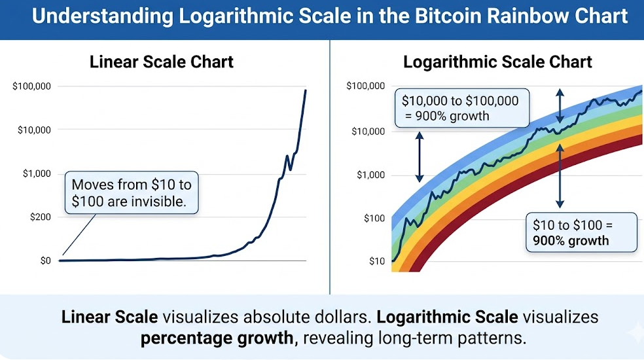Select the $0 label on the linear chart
(42, 261)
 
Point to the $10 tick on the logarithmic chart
(377, 261)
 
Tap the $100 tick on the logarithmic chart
(374, 218)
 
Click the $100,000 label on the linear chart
(31, 86)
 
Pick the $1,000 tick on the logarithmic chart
(370, 175)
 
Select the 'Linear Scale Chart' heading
(161, 62)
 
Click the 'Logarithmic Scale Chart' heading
(497, 62)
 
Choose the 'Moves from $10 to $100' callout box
(132, 192)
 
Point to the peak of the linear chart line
(306, 90)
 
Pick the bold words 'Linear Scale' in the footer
(109, 317)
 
